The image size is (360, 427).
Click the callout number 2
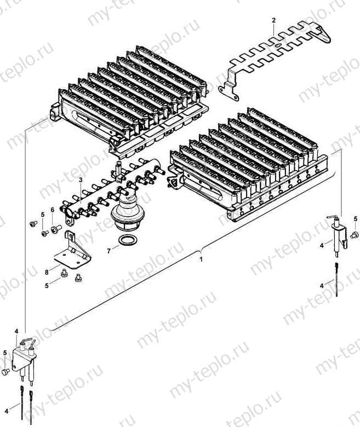[273, 20]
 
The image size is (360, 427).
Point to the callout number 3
[81, 180]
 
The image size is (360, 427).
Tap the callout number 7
[109, 250]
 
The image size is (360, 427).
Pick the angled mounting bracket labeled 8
[71, 250]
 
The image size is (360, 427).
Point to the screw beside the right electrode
[353, 235]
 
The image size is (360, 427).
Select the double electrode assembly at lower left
[25, 358]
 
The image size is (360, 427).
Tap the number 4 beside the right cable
[323, 285]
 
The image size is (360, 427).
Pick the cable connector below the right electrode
[335, 276]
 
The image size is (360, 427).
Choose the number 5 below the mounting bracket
[47, 285]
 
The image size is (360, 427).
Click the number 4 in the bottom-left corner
[7, 410]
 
